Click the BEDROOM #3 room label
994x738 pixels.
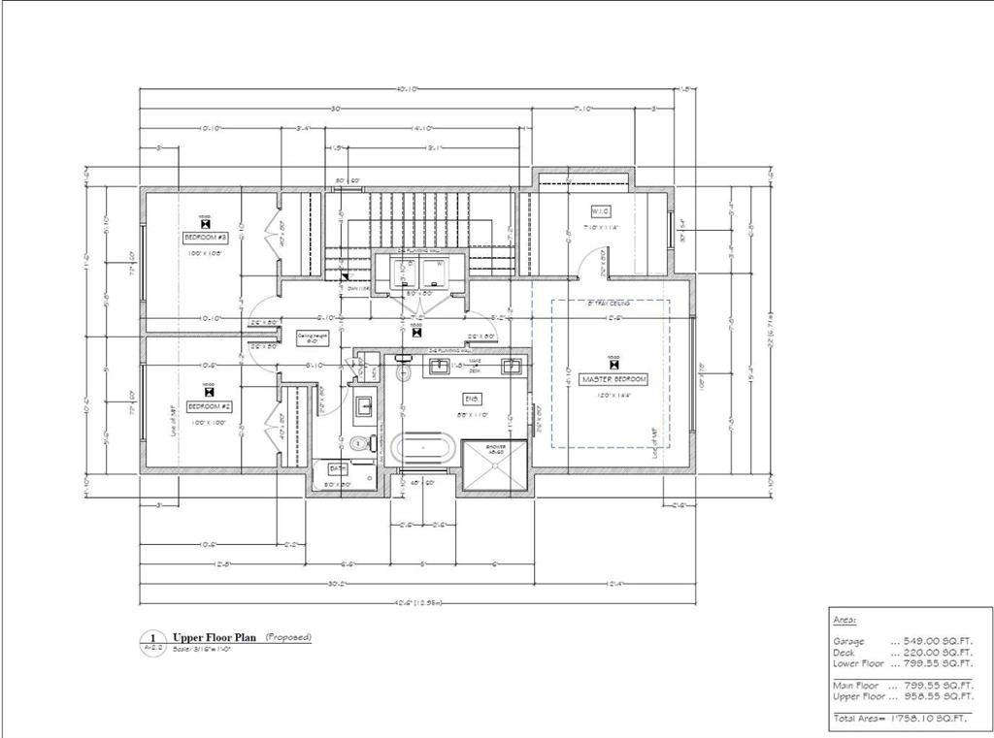click(x=205, y=237)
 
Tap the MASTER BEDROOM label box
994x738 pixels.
click(x=613, y=379)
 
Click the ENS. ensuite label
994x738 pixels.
click(x=473, y=398)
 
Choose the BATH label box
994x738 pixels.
click(x=338, y=467)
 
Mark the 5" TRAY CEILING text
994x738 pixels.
click(x=610, y=304)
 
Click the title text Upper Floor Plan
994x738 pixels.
click(x=215, y=638)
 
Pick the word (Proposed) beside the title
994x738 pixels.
click(x=288, y=637)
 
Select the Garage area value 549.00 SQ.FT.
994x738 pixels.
click(x=931, y=641)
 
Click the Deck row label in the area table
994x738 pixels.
click(x=844, y=653)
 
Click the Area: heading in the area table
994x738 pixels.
click(x=845, y=619)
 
